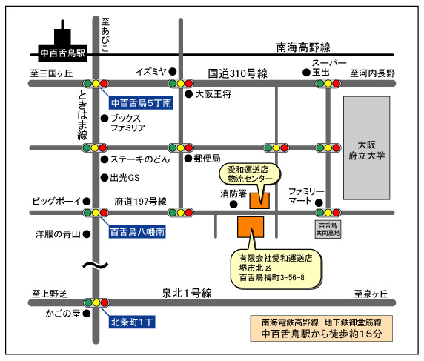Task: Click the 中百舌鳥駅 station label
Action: pyautogui.click(x=62, y=53)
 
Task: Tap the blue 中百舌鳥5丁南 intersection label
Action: pyautogui.click(x=141, y=103)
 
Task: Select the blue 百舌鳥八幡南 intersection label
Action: pyautogui.click(x=137, y=232)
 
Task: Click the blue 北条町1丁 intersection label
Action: pyautogui.click(x=132, y=322)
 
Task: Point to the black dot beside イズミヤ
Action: pyautogui.click(x=173, y=72)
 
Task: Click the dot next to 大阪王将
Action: pyautogui.click(x=189, y=94)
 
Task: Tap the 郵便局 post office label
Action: pyautogui.click(x=207, y=159)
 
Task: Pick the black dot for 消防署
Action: pyautogui.click(x=233, y=205)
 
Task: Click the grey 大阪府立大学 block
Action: pyautogui.click(x=367, y=148)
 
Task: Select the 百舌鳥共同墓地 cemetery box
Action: pyautogui.click(x=328, y=229)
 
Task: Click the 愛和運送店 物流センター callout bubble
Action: pyautogui.click(x=250, y=174)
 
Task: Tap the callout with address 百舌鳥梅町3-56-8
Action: pyautogui.click(x=276, y=268)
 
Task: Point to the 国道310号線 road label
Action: pyautogui.click(x=238, y=73)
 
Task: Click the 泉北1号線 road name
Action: pyautogui.click(x=187, y=294)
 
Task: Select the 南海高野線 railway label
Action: pyautogui.click(x=303, y=47)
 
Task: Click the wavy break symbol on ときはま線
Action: pyautogui.click(x=96, y=265)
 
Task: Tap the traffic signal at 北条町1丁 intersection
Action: pyautogui.click(x=96, y=302)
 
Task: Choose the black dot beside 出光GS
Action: pyautogui.click(x=105, y=178)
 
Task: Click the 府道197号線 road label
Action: pyautogui.click(x=141, y=202)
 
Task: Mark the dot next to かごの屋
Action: pyautogui.click(x=87, y=314)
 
